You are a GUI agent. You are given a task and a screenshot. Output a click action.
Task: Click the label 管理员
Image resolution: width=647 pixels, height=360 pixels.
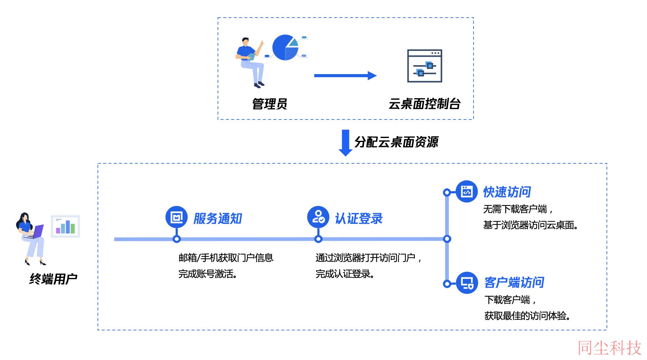click(x=270, y=104)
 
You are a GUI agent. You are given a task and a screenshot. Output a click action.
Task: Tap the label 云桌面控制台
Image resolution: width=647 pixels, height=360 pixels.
click(x=424, y=104)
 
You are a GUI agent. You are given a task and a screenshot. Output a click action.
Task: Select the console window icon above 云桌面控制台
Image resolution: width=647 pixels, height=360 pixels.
click(x=425, y=66)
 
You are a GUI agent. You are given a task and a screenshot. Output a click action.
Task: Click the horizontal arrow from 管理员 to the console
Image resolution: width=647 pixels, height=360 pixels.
click(x=345, y=76)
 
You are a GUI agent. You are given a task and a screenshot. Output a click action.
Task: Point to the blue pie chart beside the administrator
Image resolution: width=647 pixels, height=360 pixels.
click(x=285, y=48)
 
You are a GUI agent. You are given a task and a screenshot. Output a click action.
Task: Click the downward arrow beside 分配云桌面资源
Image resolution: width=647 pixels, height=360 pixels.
click(x=345, y=143)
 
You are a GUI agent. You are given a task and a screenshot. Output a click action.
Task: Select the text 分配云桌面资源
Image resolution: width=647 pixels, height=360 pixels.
click(x=396, y=142)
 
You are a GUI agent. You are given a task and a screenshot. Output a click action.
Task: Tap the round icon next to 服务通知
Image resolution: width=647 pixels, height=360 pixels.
click(x=177, y=217)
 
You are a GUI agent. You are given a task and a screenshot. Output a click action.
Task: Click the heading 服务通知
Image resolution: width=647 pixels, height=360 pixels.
click(x=218, y=219)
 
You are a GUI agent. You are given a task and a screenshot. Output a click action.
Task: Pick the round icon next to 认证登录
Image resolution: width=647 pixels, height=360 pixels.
click(x=318, y=217)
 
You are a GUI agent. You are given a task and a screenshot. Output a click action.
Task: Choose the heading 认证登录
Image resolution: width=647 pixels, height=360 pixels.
click(x=359, y=219)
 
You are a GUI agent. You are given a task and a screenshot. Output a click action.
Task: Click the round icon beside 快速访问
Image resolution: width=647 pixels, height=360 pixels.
click(x=467, y=191)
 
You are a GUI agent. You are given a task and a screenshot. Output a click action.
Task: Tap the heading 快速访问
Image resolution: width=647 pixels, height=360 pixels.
click(x=507, y=192)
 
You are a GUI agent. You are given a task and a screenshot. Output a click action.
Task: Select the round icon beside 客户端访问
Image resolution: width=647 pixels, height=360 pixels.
click(x=467, y=283)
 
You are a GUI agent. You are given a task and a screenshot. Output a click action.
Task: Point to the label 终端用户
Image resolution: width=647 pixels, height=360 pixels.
click(x=53, y=279)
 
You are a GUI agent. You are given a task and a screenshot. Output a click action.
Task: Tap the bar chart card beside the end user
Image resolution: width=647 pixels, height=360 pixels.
click(x=65, y=226)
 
